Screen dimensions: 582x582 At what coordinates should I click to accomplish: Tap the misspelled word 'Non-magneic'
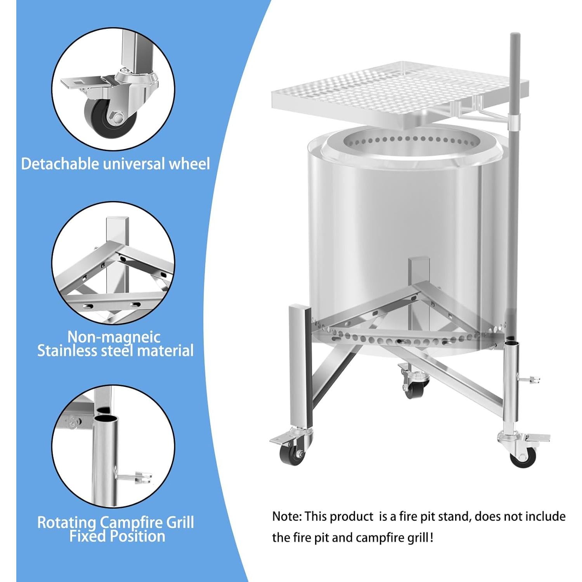point(114,336)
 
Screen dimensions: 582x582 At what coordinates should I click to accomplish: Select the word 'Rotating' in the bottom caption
point(66,522)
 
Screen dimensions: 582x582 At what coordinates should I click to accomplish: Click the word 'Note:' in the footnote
point(287,517)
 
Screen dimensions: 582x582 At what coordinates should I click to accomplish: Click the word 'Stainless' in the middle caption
point(67,351)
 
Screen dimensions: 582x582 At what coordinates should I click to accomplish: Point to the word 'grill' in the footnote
point(417,538)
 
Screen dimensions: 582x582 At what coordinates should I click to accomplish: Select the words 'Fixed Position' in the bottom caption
point(117,536)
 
